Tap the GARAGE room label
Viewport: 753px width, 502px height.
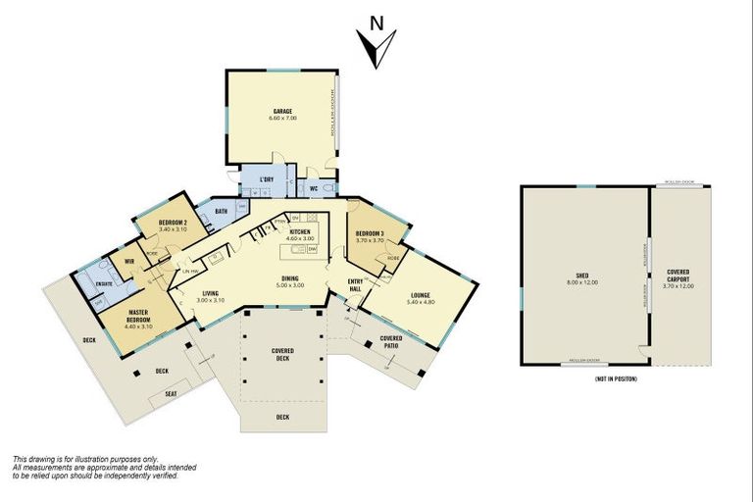(x=281, y=111)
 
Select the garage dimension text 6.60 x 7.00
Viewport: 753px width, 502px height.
(x=281, y=118)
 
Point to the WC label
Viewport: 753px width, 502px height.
(x=313, y=186)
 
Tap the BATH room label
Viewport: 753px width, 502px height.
(x=221, y=211)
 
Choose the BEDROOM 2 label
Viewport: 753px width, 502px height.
(x=173, y=223)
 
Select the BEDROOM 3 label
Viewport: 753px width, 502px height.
(x=370, y=232)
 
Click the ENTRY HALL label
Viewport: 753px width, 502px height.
(x=356, y=285)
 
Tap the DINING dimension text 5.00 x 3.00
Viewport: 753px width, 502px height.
(x=292, y=285)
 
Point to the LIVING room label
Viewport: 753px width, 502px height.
(x=211, y=292)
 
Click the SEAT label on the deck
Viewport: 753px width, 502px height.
(x=171, y=394)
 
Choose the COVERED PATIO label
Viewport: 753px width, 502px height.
(x=390, y=340)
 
